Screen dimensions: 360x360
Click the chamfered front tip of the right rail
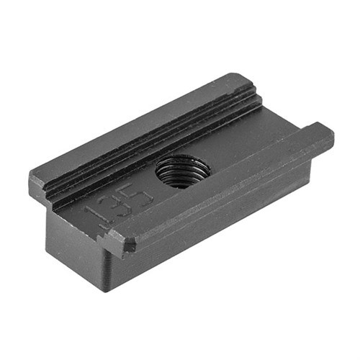coord(120,243)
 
